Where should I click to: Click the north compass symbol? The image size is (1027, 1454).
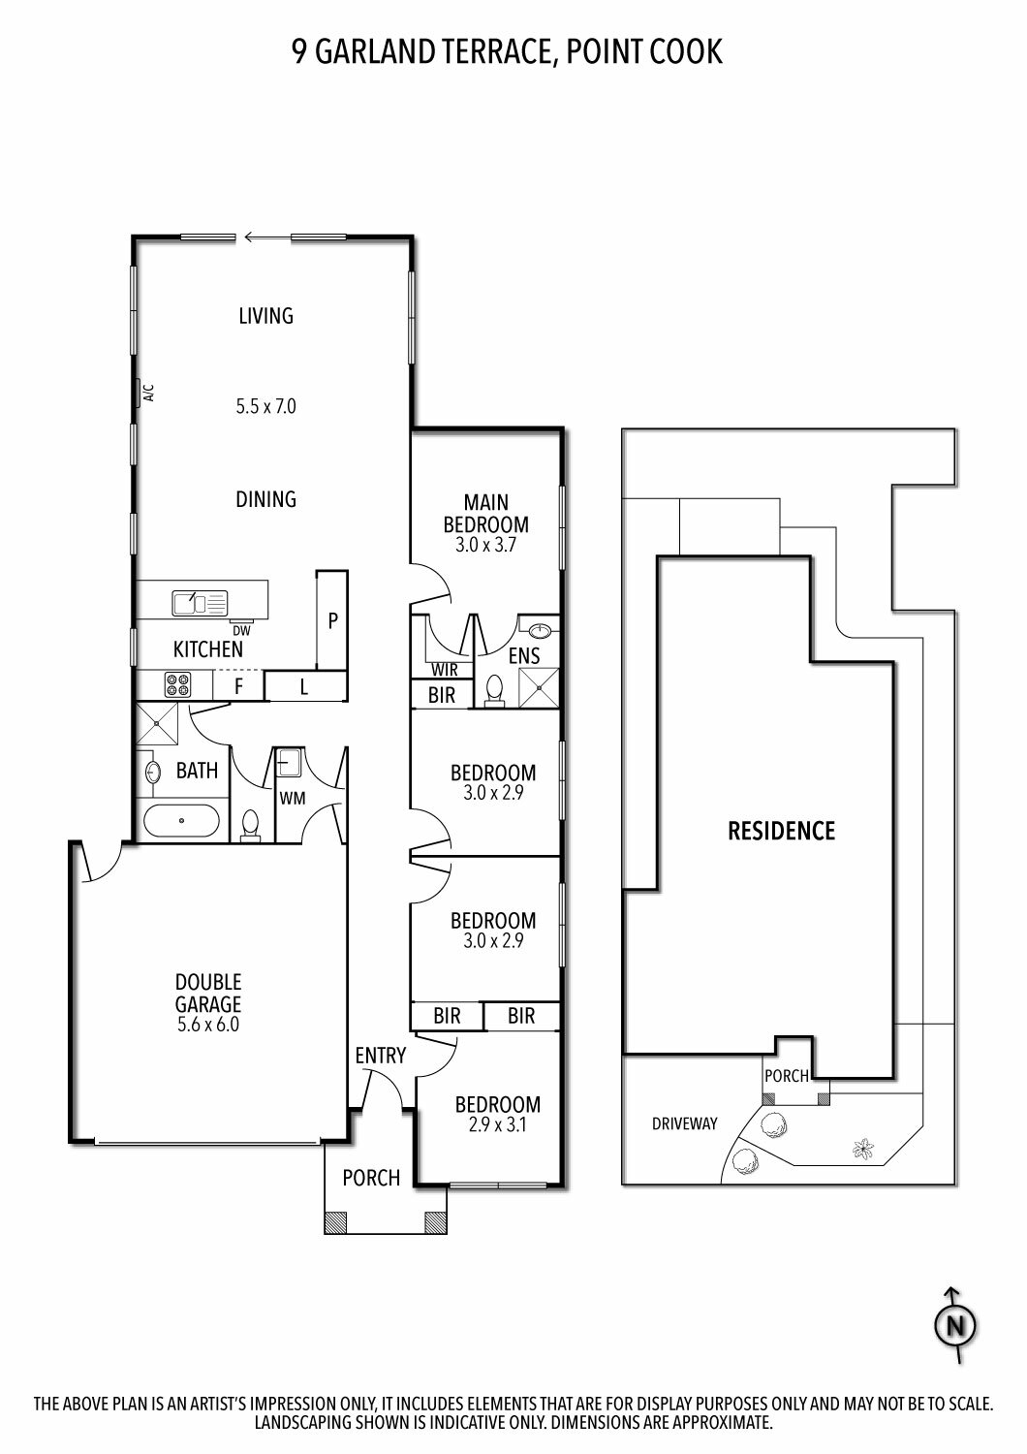(955, 1325)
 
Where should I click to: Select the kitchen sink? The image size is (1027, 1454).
(200, 603)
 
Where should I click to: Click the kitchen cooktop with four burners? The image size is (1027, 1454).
(177, 684)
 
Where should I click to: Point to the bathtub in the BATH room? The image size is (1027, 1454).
(181, 820)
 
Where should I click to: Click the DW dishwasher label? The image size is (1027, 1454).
(241, 630)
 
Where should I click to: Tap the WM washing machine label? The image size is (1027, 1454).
(292, 799)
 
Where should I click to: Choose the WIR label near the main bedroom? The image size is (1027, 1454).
(445, 669)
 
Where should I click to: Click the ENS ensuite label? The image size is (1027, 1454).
(524, 655)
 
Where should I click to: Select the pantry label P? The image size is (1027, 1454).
(333, 621)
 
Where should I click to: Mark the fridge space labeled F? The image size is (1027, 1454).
(238, 686)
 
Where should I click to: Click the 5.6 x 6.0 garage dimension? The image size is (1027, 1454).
(207, 1025)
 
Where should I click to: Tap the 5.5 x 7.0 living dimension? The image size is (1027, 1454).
(266, 406)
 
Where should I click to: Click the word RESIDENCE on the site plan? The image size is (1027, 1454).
(781, 831)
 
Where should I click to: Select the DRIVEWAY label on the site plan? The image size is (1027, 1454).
(684, 1122)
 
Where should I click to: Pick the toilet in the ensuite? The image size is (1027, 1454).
(495, 690)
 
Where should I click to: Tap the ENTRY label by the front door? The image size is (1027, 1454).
(380, 1056)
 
